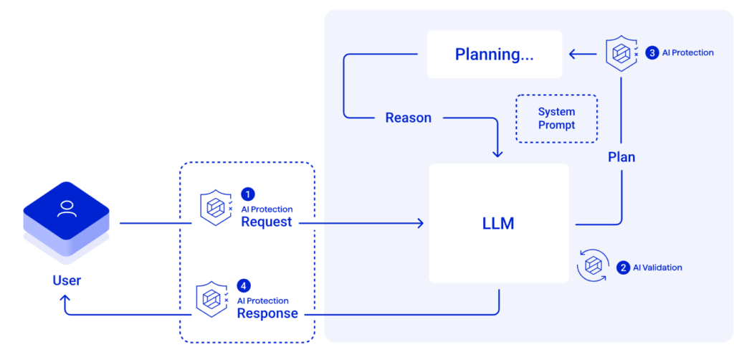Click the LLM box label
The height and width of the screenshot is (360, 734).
(x=498, y=223)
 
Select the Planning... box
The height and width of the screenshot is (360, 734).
(x=494, y=54)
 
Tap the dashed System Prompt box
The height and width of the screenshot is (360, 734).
(x=556, y=118)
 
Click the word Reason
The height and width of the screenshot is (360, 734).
(x=408, y=118)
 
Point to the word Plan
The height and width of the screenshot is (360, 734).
(x=621, y=157)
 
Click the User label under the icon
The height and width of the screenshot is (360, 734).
(x=66, y=280)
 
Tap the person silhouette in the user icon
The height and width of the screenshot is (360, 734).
(x=67, y=209)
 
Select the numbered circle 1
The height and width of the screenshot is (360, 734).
(x=248, y=194)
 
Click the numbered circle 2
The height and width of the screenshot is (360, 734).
(x=623, y=267)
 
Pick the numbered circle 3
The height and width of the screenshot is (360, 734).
(x=652, y=52)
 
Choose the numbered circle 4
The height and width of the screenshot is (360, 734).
(x=244, y=285)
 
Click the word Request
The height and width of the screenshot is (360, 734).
(x=266, y=222)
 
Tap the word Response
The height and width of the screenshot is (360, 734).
(x=267, y=313)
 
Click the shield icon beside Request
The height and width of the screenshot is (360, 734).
(x=215, y=208)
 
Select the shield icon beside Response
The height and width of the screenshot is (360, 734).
(x=211, y=299)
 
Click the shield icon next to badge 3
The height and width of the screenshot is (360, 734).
(x=620, y=53)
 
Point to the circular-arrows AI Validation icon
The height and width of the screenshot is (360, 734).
(x=593, y=266)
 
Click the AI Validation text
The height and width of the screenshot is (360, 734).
(x=657, y=267)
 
